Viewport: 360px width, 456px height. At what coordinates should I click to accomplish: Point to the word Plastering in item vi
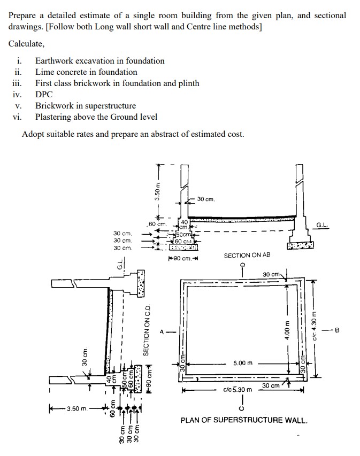pos(55,117)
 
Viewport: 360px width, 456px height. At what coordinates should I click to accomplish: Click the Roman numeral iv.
pos(17,94)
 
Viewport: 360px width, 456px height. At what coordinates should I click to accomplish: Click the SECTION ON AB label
pos(247,256)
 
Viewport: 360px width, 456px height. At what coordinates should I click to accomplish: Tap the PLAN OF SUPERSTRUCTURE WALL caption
pos(244,420)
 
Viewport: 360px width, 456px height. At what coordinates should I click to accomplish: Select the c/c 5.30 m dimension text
pos(236,390)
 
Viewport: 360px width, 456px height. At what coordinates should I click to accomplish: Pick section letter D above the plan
pos(242,265)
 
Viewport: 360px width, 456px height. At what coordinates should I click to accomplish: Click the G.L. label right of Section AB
pos(323,225)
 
